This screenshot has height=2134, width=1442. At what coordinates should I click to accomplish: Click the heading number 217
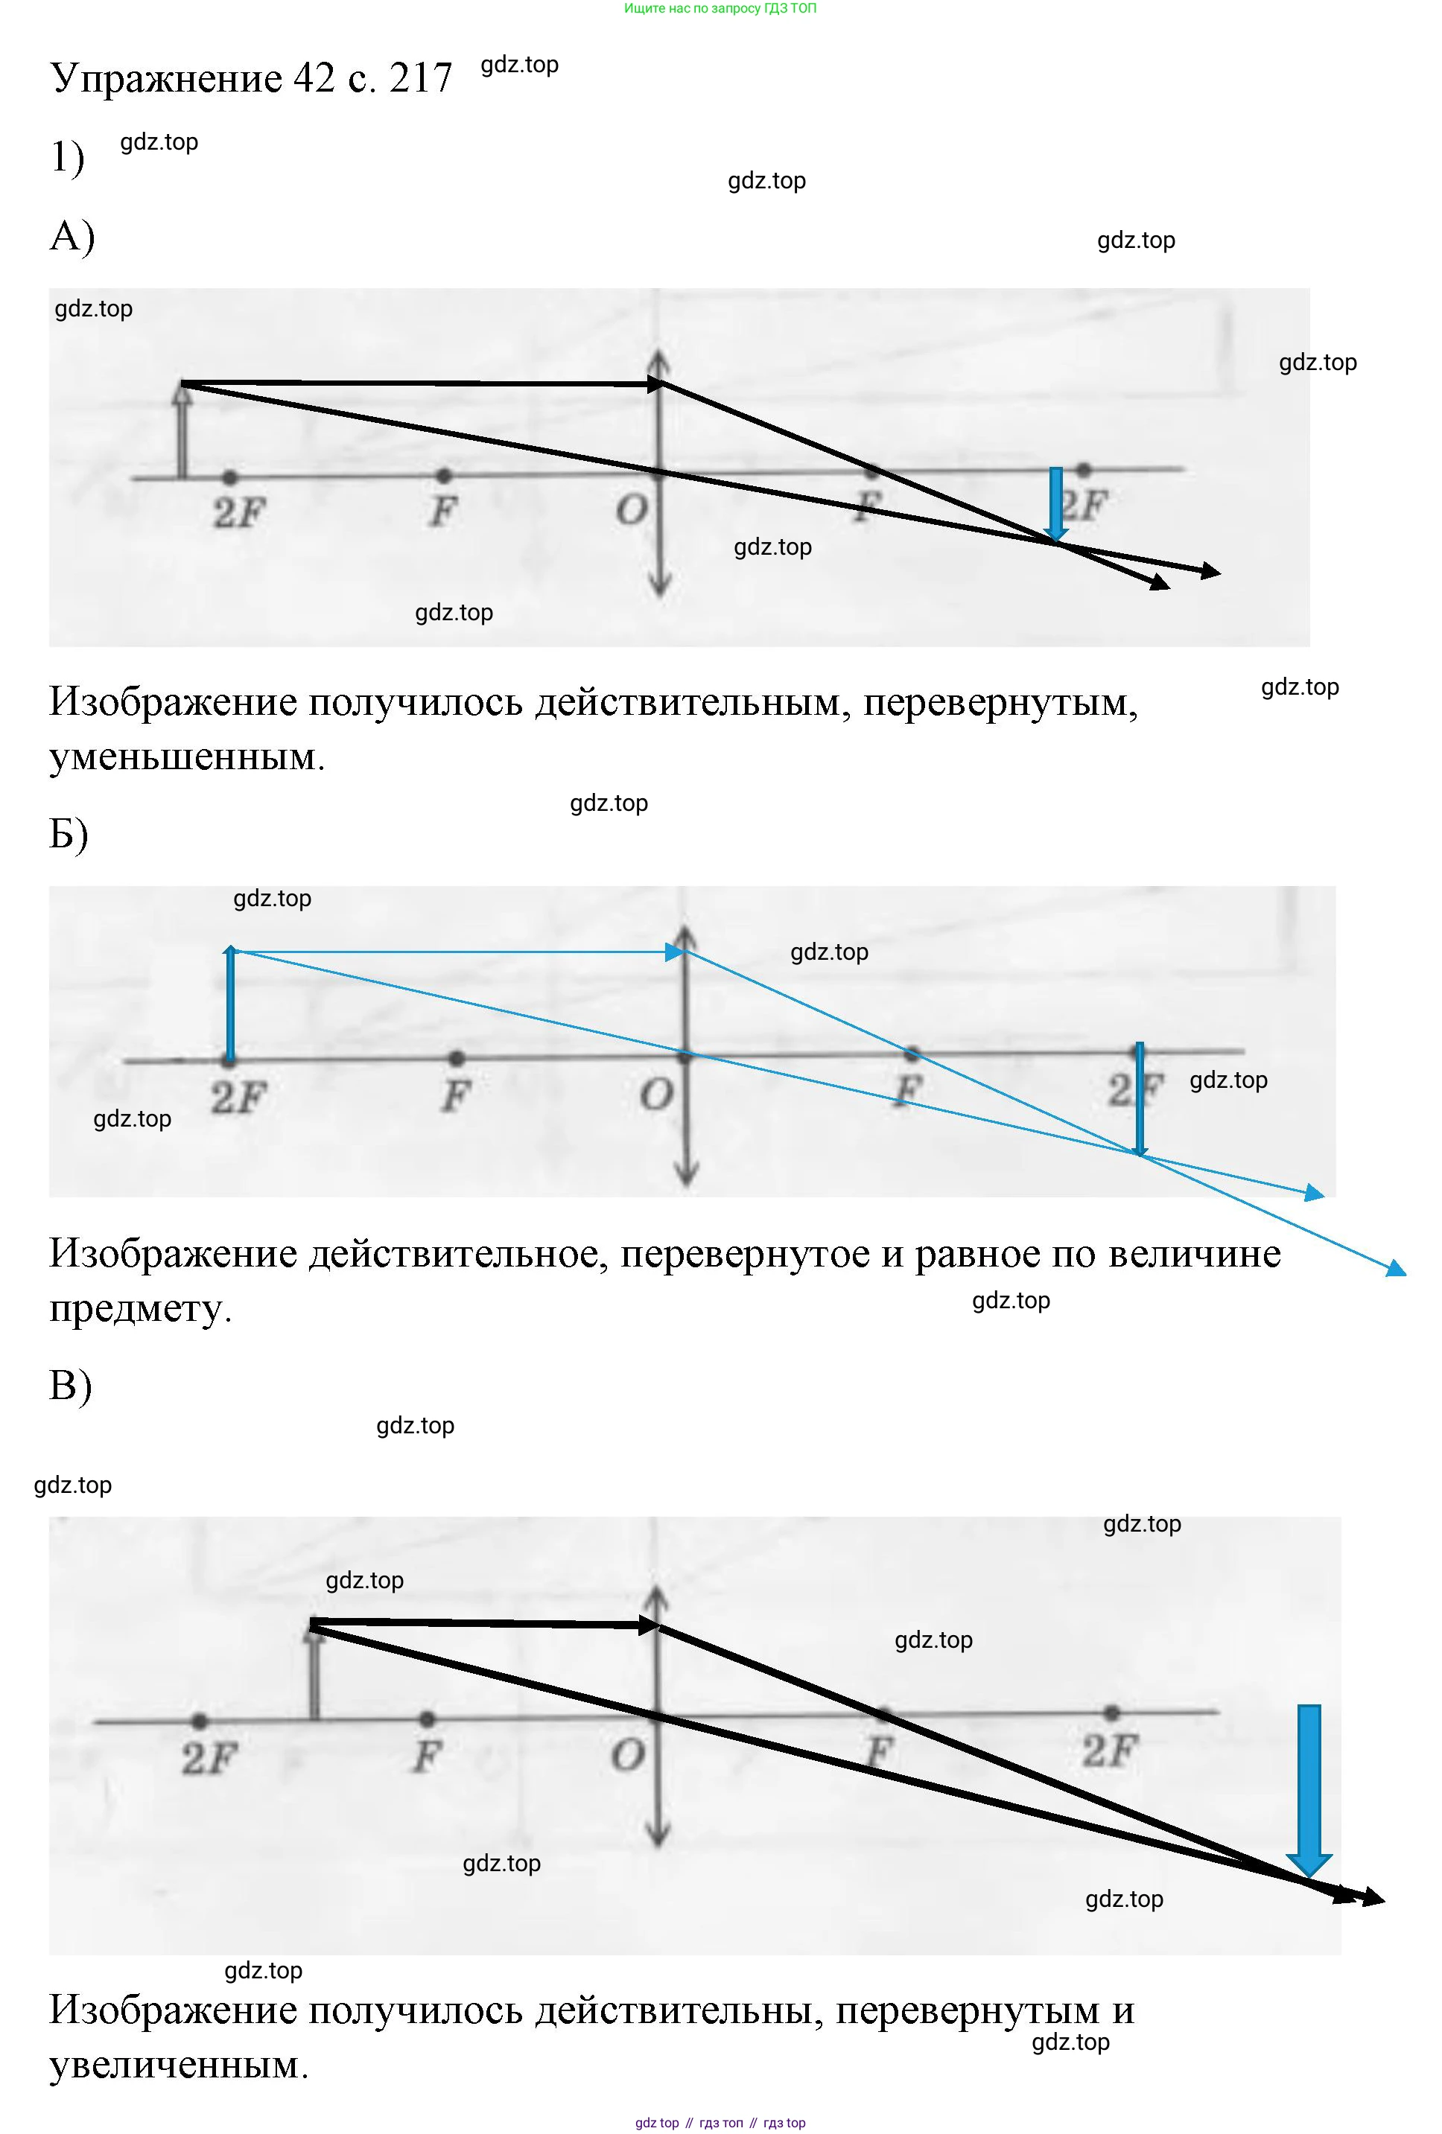[x=420, y=78]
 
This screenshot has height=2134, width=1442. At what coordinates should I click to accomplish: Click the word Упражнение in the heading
[x=165, y=80]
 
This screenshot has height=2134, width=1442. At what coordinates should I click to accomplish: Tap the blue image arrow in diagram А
[x=1055, y=503]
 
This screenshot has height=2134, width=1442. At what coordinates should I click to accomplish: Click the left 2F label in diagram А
[x=239, y=512]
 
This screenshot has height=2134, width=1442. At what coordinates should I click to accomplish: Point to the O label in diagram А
[x=631, y=509]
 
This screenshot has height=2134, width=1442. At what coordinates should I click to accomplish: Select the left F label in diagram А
[x=442, y=512]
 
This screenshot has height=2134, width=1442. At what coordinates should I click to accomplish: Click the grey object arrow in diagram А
[x=182, y=432]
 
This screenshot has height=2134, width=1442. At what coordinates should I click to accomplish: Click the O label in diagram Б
[x=655, y=1095]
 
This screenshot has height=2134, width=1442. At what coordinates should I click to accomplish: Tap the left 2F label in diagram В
[x=209, y=1759]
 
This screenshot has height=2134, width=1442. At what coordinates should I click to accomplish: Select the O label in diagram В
[x=628, y=1756]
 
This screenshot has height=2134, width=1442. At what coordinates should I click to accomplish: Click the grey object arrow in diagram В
[x=314, y=1673]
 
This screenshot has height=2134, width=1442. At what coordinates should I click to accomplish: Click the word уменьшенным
[x=186, y=757]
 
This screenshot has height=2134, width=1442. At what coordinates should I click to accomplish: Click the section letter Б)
[x=69, y=834]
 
